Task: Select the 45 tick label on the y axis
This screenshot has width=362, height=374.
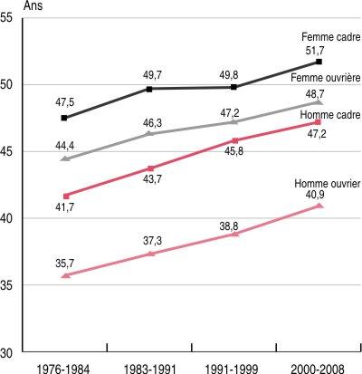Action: tap(16, 152)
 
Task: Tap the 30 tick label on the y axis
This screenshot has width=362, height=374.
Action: tap(16, 350)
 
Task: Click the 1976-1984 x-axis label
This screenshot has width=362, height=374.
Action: tap(63, 365)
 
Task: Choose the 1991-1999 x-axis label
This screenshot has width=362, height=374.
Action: tap(234, 365)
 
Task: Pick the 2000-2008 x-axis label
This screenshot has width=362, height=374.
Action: tap(319, 365)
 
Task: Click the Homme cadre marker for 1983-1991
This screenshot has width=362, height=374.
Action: tap(150, 168)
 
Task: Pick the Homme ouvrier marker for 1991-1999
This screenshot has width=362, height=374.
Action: tap(235, 234)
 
